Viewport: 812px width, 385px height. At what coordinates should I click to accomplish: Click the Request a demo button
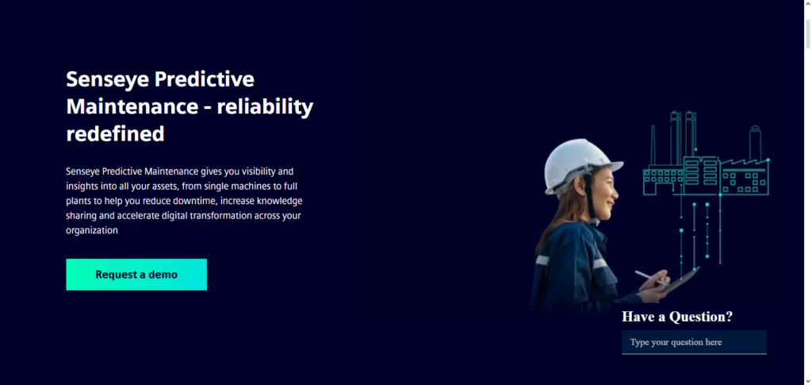pyautogui.click(x=136, y=275)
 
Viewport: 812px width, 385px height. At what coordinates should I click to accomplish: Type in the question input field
pyautogui.click(x=694, y=342)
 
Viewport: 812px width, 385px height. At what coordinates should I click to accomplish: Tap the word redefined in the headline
pyautogui.click(x=115, y=133)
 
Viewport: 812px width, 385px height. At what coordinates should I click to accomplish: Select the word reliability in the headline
pyautogui.click(x=266, y=106)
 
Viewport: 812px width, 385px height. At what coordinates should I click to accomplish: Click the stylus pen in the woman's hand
pyautogui.click(x=650, y=277)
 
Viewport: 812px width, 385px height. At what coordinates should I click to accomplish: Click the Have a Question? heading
pyautogui.click(x=677, y=317)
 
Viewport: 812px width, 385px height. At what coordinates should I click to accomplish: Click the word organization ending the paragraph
pyautogui.click(x=92, y=231)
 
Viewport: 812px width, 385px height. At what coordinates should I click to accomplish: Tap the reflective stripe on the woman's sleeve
pyautogui.click(x=542, y=260)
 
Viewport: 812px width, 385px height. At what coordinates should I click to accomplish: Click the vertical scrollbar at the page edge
pyautogui.click(x=807, y=191)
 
